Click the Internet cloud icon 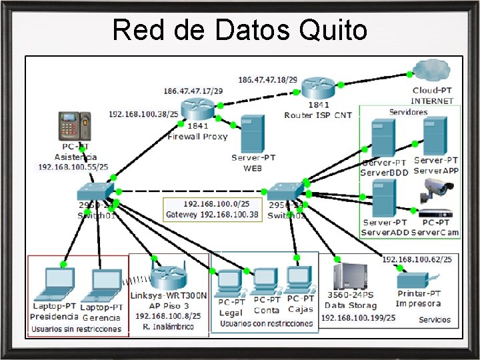click(432, 71)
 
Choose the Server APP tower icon click(435, 136)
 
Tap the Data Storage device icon click(349, 277)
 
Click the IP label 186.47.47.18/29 click(268, 80)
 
